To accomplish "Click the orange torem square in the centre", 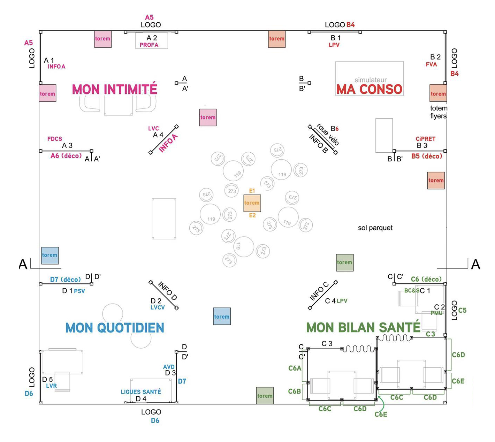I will (x=252, y=203).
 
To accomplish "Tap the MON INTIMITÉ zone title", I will (x=114, y=89).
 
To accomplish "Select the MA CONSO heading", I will (x=369, y=89).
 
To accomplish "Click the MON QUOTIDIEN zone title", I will (x=115, y=328).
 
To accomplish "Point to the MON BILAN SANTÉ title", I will (x=363, y=327).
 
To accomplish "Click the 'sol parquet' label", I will (x=375, y=228).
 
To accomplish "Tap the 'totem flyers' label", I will (x=438, y=112).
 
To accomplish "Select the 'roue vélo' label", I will (x=328, y=135).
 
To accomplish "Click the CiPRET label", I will (x=425, y=139).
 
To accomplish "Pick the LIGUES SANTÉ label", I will (x=141, y=392).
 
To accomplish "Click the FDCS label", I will (x=55, y=139).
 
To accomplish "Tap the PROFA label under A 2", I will (x=149, y=45).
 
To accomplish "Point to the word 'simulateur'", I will (x=371, y=80).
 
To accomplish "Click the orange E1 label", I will (x=252, y=191).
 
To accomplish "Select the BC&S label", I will (x=412, y=290).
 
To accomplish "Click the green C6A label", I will (x=295, y=368).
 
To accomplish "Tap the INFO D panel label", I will (x=168, y=291).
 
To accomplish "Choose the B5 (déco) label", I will (x=426, y=156).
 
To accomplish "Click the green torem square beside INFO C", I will (x=344, y=262).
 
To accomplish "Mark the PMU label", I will (x=436, y=313).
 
